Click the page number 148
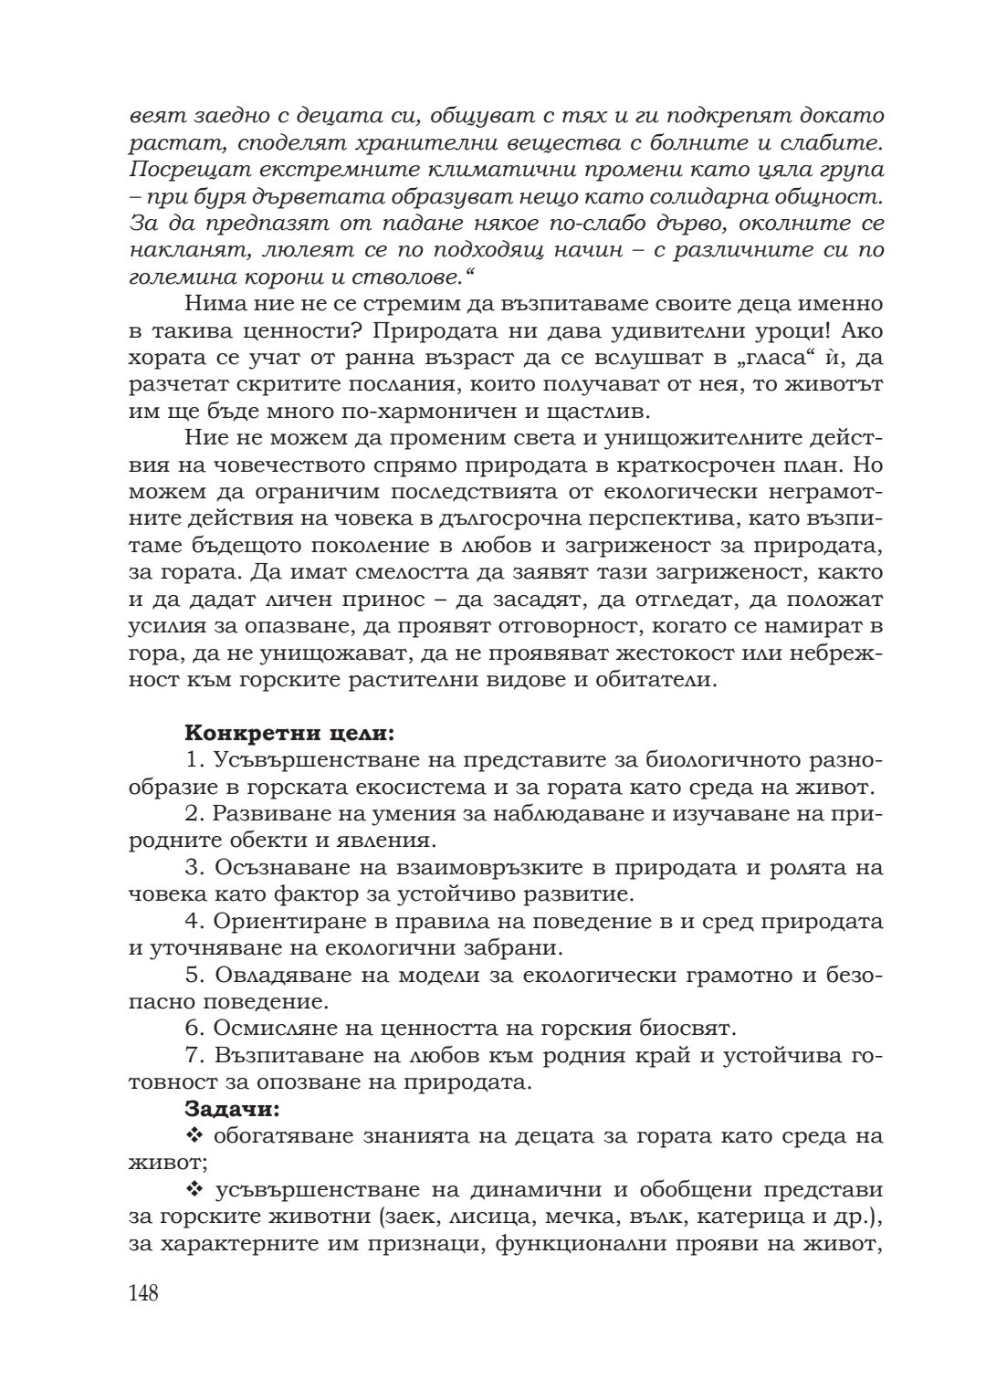click(144, 1293)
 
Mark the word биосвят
click(686, 1028)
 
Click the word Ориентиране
click(292, 920)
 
